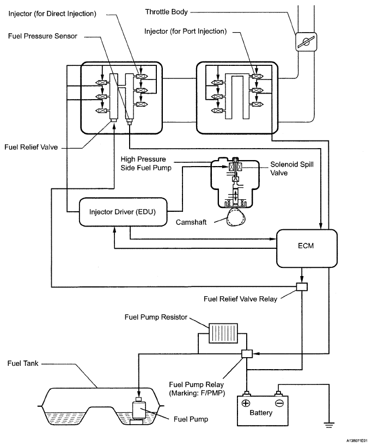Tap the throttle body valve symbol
pos(306,42)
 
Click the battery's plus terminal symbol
pos(247,403)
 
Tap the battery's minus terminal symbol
pos(279,403)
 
